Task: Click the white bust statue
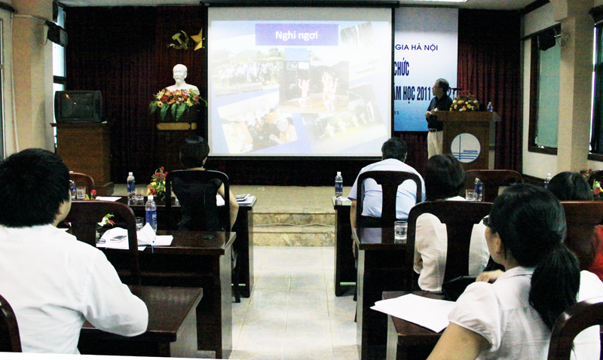[x=180, y=78]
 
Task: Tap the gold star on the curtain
[x=197, y=38]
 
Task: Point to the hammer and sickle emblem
[x=179, y=40]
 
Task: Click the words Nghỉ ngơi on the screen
[x=296, y=34]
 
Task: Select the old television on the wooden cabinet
[x=78, y=106]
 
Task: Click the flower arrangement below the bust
[x=177, y=103]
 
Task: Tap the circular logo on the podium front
[x=465, y=148]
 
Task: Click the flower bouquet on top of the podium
[x=464, y=102]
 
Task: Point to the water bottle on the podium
[x=489, y=107]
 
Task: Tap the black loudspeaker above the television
[x=57, y=33]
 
